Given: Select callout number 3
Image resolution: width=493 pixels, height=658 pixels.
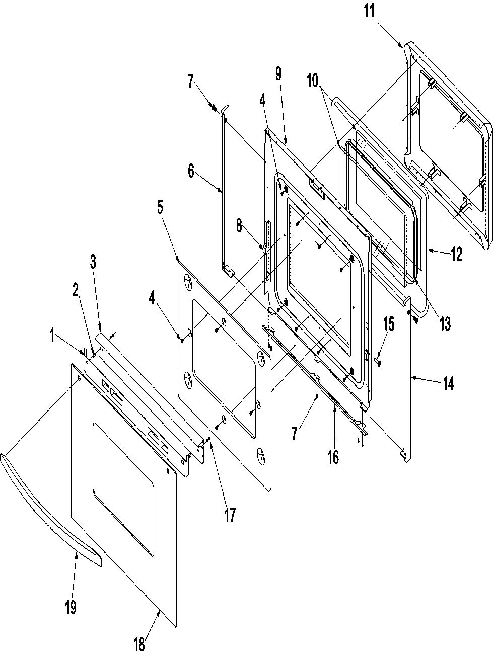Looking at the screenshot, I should coord(93,262).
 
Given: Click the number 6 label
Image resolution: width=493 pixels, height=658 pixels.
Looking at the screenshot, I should coord(191,172).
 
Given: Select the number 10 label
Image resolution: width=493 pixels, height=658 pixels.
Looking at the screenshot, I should coord(314,80).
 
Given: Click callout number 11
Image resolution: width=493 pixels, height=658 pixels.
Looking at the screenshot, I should coord(371,11).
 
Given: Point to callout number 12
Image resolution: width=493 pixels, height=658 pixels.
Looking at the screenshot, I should coord(456,255).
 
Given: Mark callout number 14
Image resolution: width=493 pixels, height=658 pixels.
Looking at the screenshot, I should coord(448,384).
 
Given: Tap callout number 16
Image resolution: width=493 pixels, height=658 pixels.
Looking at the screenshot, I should coord(333,457).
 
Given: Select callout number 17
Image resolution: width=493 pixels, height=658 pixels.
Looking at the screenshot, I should coord(230,515).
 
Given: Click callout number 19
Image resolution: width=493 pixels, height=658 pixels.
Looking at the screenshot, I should coord(71,607).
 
